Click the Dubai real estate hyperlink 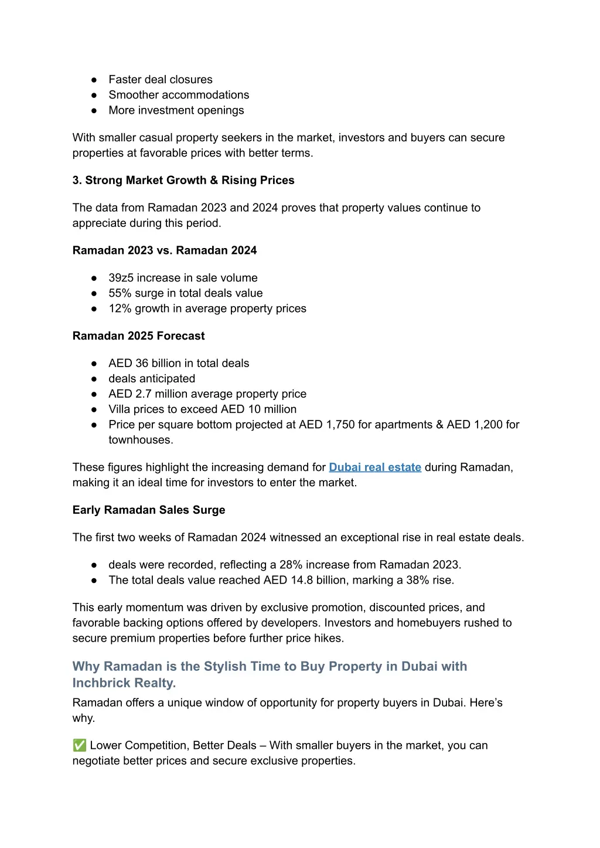(x=375, y=467)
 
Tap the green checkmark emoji (x=80, y=745)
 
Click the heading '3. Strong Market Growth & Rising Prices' (x=183, y=181)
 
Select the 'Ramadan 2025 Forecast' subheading (x=139, y=336)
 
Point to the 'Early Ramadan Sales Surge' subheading (x=149, y=510)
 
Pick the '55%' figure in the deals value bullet (x=120, y=293)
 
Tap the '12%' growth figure (x=120, y=308)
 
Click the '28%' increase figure (x=291, y=565)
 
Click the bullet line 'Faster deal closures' (x=161, y=80)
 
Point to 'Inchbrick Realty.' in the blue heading (x=124, y=683)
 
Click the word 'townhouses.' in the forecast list (x=141, y=440)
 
